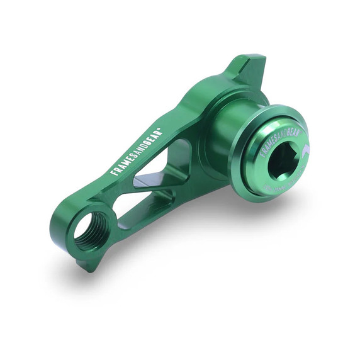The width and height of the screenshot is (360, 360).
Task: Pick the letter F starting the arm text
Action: (113, 172)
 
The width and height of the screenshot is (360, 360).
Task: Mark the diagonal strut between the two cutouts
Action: (151, 189)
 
